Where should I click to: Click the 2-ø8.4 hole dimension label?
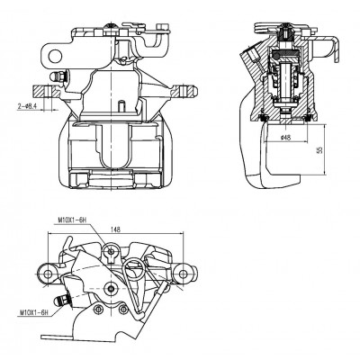[x=27, y=106]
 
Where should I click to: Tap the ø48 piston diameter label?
[x=286, y=138]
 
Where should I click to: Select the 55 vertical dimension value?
[x=319, y=149]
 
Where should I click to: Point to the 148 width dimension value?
[x=115, y=229]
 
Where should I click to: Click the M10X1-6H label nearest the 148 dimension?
[x=72, y=220]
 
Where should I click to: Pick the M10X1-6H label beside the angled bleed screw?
[x=34, y=313]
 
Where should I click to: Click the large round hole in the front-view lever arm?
[x=55, y=56]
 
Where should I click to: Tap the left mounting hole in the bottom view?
[x=48, y=274]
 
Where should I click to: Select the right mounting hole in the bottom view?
[x=183, y=274]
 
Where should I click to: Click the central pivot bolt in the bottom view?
[x=111, y=288]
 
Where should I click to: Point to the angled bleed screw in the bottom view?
[x=61, y=301]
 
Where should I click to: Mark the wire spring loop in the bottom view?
[x=134, y=269]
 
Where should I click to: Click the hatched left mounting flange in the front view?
[x=42, y=91]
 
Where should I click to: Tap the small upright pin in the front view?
[x=121, y=105]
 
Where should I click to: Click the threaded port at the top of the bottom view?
[x=111, y=251]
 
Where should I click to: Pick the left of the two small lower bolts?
[x=96, y=310]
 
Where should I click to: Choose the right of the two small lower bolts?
[x=123, y=309]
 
